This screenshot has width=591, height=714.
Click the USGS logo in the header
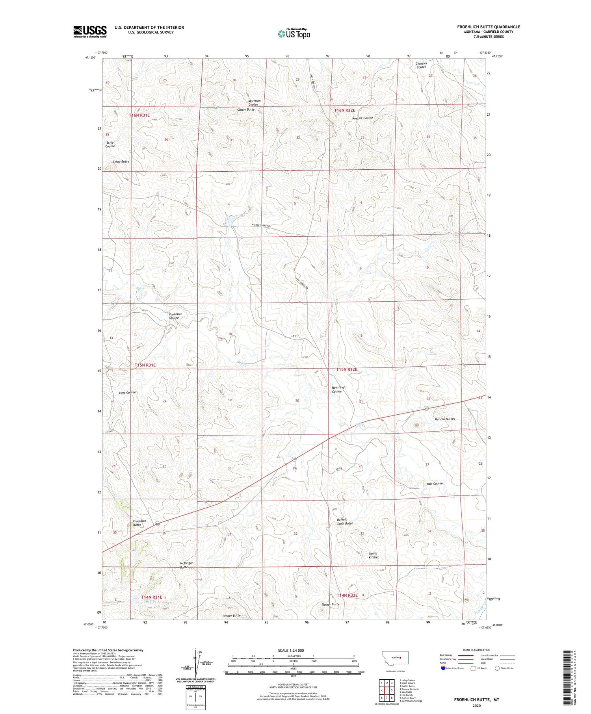click(90, 32)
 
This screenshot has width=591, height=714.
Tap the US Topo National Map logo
click(294, 34)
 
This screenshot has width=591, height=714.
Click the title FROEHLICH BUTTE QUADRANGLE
click(488, 27)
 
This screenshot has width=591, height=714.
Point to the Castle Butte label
click(245, 109)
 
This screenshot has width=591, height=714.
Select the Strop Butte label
click(121, 161)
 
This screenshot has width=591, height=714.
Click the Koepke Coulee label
click(362, 118)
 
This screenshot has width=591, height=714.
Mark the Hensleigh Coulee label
click(338, 389)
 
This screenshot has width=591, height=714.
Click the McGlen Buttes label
click(444, 419)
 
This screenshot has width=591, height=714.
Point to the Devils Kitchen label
click(374, 555)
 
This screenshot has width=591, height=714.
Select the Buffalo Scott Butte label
click(344, 521)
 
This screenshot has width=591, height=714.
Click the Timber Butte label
click(231, 616)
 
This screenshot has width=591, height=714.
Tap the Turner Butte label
click(330, 604)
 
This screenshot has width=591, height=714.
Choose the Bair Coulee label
click(435, 483)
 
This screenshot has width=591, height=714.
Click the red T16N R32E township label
click(345, 110)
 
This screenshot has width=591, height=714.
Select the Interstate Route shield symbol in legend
click(443, 668)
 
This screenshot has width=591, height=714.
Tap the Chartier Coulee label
click(421, 65)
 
